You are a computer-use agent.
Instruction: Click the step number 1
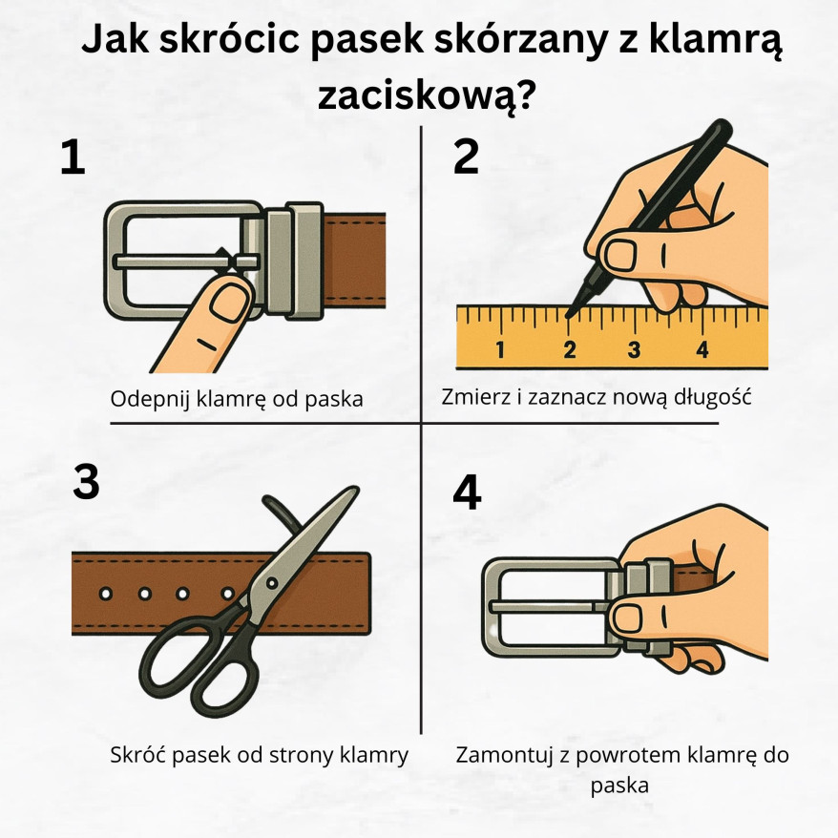(x=73, y=157)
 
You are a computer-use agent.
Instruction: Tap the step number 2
(x=466, y=157)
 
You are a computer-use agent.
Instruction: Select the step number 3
(x=86, y=483)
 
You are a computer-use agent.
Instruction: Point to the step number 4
(x=467, y=492)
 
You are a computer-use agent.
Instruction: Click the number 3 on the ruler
(x=634, y=349)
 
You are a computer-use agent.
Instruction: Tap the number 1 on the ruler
(x=500, y=349)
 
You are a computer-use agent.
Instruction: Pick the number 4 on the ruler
(x=702, y=349)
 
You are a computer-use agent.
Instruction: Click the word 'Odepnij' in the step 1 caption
(x=148, y=399)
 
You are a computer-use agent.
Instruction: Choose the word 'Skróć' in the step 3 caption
(x=138, y=755)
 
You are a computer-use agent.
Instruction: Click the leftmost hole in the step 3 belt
(x=106, y=594)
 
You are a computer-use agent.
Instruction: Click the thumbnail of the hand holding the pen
(x=621, y=254)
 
